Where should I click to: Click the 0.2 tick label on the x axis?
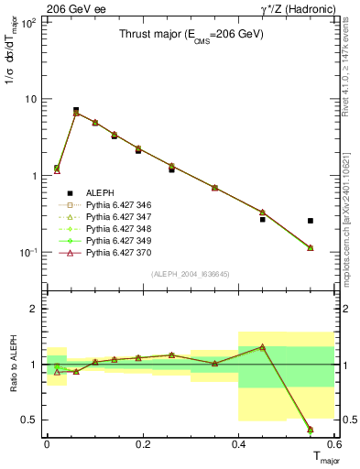coord(142,443)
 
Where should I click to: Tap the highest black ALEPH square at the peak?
coord(76,110)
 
